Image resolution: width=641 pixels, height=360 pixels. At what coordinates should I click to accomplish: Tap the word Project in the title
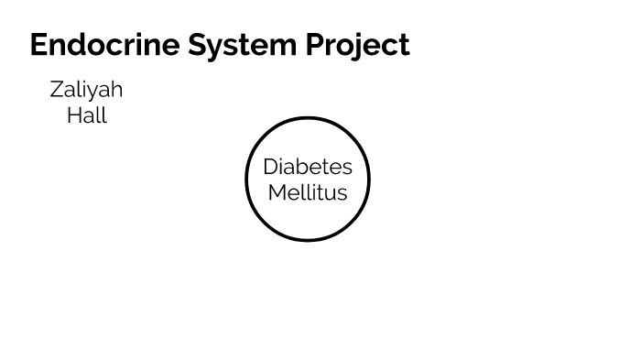point(362,45)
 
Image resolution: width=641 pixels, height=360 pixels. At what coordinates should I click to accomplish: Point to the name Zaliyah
point(86,90)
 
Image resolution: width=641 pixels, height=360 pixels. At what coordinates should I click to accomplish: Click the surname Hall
point(87,115)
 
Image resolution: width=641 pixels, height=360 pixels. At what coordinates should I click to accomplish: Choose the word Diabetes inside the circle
point(308,167)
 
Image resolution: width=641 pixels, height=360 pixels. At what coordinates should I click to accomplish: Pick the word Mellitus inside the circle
point(308,192)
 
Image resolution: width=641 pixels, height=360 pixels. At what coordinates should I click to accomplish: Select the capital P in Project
point(325,45)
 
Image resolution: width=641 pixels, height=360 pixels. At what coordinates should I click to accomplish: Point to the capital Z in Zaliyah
point(57,90)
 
